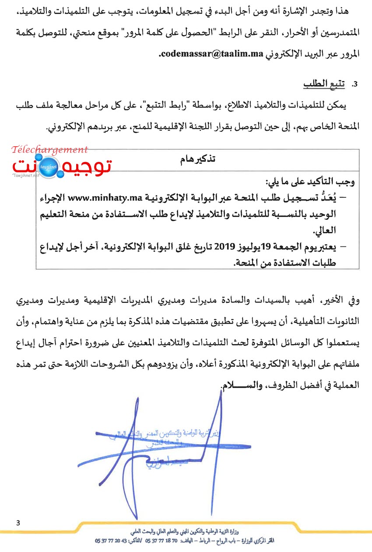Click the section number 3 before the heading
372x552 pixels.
coord(355,84)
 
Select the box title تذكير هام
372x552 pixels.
coord(198,159)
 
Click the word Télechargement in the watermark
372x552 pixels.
coord(50,150)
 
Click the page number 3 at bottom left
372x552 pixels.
coord(18,523)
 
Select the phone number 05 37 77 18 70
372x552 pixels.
coord(161,541)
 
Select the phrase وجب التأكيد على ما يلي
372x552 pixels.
coord(310,181)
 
